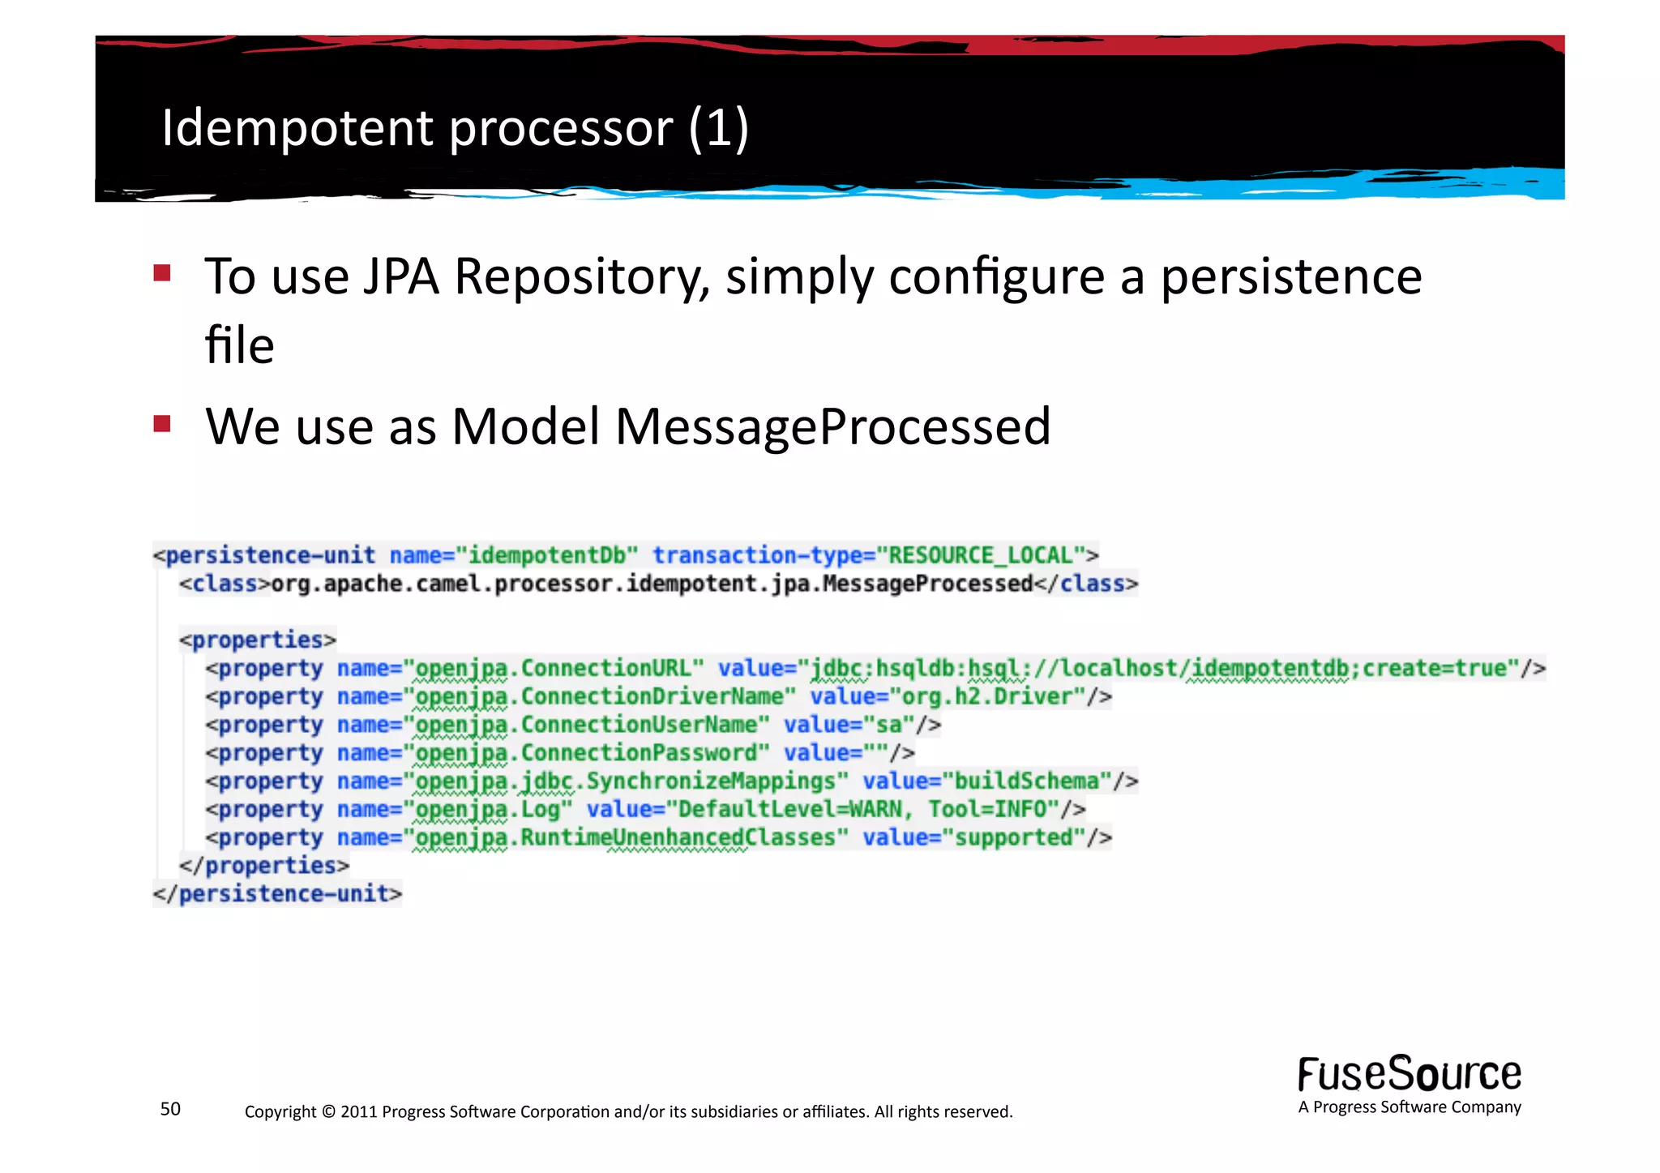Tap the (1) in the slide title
(x=718, y=128)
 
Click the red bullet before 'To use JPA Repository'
(x=162, y=272)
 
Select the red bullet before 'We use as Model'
(x=162, y=423)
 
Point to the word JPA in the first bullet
(x=400, y=276)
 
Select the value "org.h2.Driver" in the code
(x=987, y=696)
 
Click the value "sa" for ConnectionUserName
(x=888, y=725)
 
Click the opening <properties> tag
(x=258, y=640)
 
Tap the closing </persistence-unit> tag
(x=277, y=893)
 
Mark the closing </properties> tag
(x=264, y=866)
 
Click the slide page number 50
(x=170, y=1109)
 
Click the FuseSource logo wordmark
(x=1409, y=1074)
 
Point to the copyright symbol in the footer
(x=328, y=1111)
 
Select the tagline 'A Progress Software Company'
(x=1409, y=1107)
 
